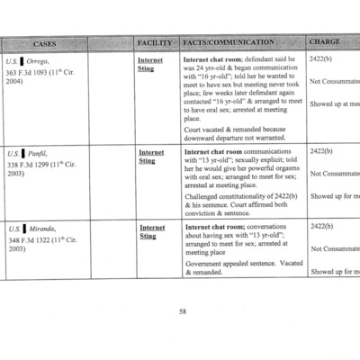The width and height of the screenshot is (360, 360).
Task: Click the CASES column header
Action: point(44,42)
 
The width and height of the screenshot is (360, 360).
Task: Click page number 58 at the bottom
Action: point(182,310)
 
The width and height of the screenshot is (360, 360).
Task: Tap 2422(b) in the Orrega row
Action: point(321,58)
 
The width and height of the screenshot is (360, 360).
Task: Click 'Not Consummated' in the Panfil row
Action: point(335,174)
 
